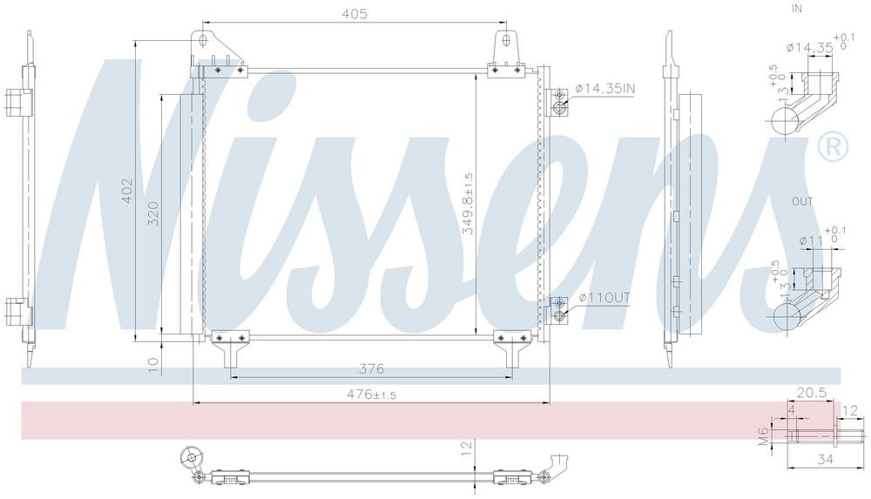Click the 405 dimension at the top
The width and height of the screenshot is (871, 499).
[354, 14]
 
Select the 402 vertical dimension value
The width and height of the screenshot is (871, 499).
[128, 191]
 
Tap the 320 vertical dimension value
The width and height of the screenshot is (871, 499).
[153, 213]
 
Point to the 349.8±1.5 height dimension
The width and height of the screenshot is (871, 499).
[469, 204]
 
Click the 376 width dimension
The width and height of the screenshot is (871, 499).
[371, 368]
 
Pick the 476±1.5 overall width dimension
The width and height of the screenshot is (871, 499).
[371, 394]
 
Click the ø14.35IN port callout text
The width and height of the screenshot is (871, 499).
[605, 88]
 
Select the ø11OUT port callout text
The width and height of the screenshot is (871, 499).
[604, 298]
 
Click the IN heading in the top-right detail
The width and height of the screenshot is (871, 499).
[797, 9]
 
